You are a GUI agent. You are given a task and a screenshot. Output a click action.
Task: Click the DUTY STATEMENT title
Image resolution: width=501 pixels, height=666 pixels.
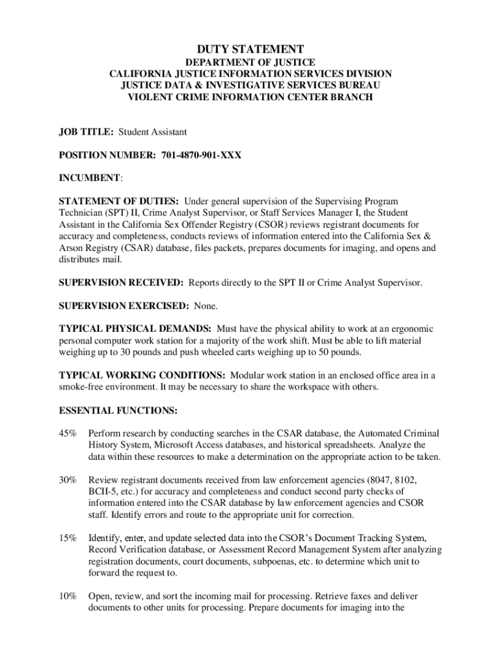251,49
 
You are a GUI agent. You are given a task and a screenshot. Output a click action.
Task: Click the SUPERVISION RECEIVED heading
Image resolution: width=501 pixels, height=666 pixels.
121,282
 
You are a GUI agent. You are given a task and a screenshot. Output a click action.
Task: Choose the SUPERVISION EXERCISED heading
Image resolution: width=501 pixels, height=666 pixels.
122,306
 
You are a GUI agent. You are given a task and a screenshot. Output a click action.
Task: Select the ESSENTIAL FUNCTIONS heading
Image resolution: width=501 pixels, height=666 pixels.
117,410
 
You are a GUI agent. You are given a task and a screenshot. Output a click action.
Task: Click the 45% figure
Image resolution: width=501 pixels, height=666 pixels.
68,433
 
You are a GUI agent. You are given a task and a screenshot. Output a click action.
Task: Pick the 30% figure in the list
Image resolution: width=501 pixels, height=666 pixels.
68,479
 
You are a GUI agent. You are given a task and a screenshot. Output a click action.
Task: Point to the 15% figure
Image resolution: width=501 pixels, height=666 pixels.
68,539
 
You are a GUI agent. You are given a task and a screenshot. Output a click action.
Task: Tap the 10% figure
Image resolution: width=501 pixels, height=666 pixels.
68,596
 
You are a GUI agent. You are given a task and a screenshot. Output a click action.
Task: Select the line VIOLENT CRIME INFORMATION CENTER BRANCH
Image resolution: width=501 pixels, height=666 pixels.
250,97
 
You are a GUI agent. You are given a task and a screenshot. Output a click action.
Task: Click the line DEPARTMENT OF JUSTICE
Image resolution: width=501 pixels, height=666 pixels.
251,62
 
